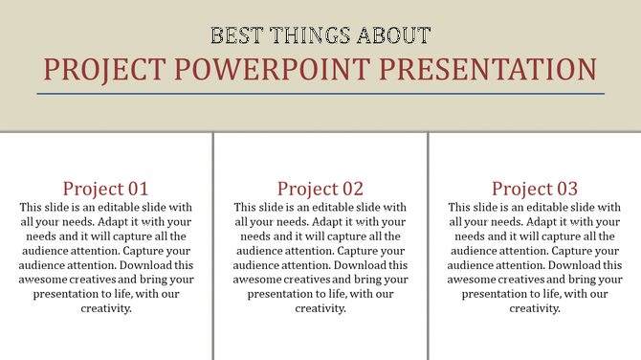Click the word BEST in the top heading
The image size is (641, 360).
pyautogui.click(x=235, y=37)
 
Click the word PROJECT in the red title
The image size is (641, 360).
pyautogui.click(x=103, y=70)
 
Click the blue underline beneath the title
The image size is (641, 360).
pyautogui.click(x=320, y=94)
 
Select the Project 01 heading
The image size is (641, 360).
pyautogui.click(x=105, y=188)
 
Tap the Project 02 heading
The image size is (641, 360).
pyautogui.click(x=320, y=188)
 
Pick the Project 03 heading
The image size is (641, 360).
pyautogui.click(x=535, y=188)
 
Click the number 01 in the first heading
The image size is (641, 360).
pyautogui.click(x=137, y=188)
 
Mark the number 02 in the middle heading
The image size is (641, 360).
pyautogui.click(x=352, y=188)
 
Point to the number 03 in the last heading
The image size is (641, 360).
pyautogui.click(x=566, y=188)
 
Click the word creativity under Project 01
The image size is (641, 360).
pyautogui.click(x=106, y=308)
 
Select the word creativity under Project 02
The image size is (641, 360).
pyautogui.click(x=320, y=308)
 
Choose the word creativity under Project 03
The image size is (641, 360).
pyautogui.click(x=535, y=308)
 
